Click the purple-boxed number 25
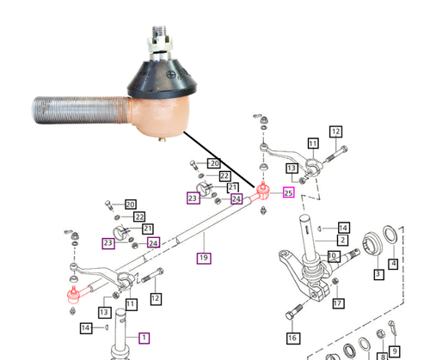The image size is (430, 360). pyautogui.click(x=288, y=192)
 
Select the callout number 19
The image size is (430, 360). pyautogui.click(x=203, y=257)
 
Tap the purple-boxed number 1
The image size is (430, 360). pyautogui.click(x=144, y=338)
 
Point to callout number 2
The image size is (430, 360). pyautogui.click(x=342, y=241)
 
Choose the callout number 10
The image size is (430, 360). pyautogui.click(x=332, y=254)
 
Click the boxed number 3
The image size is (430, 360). pyautogui.click(x=377, y=275)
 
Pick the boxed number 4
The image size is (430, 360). pyautogui.click(x=393, y=265)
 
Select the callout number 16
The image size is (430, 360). pyautogui.click(x=292, y=338)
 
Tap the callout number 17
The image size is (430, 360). pyautogui.click(x=338, y=302)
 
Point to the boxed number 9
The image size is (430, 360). pyautogui.click(x=395, y=351)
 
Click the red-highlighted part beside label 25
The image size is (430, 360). pyautogui.click(x=263, y=190)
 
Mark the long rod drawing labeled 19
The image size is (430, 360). pyautogui.click(x=172, y=241)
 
